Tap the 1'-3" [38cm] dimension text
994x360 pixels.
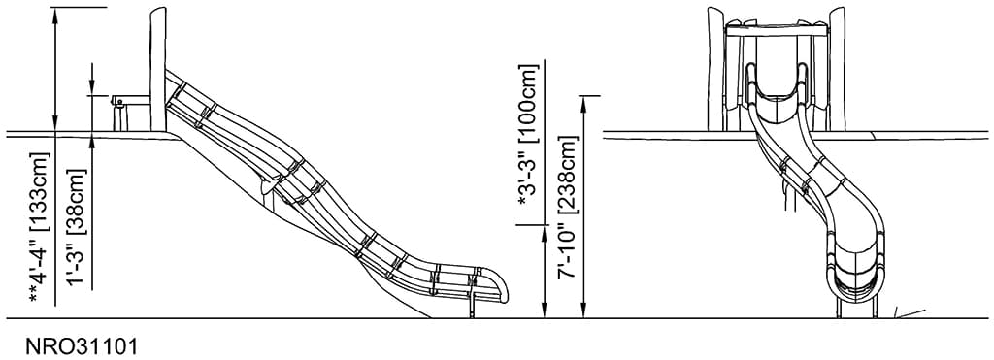(x=77, y=226)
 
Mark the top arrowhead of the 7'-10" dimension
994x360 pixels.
(x=583, y=101)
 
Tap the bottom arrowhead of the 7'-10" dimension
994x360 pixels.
(x=583, y=311)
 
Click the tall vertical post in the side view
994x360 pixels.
(x=158, y=68)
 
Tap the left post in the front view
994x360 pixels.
(x=716, y=68)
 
